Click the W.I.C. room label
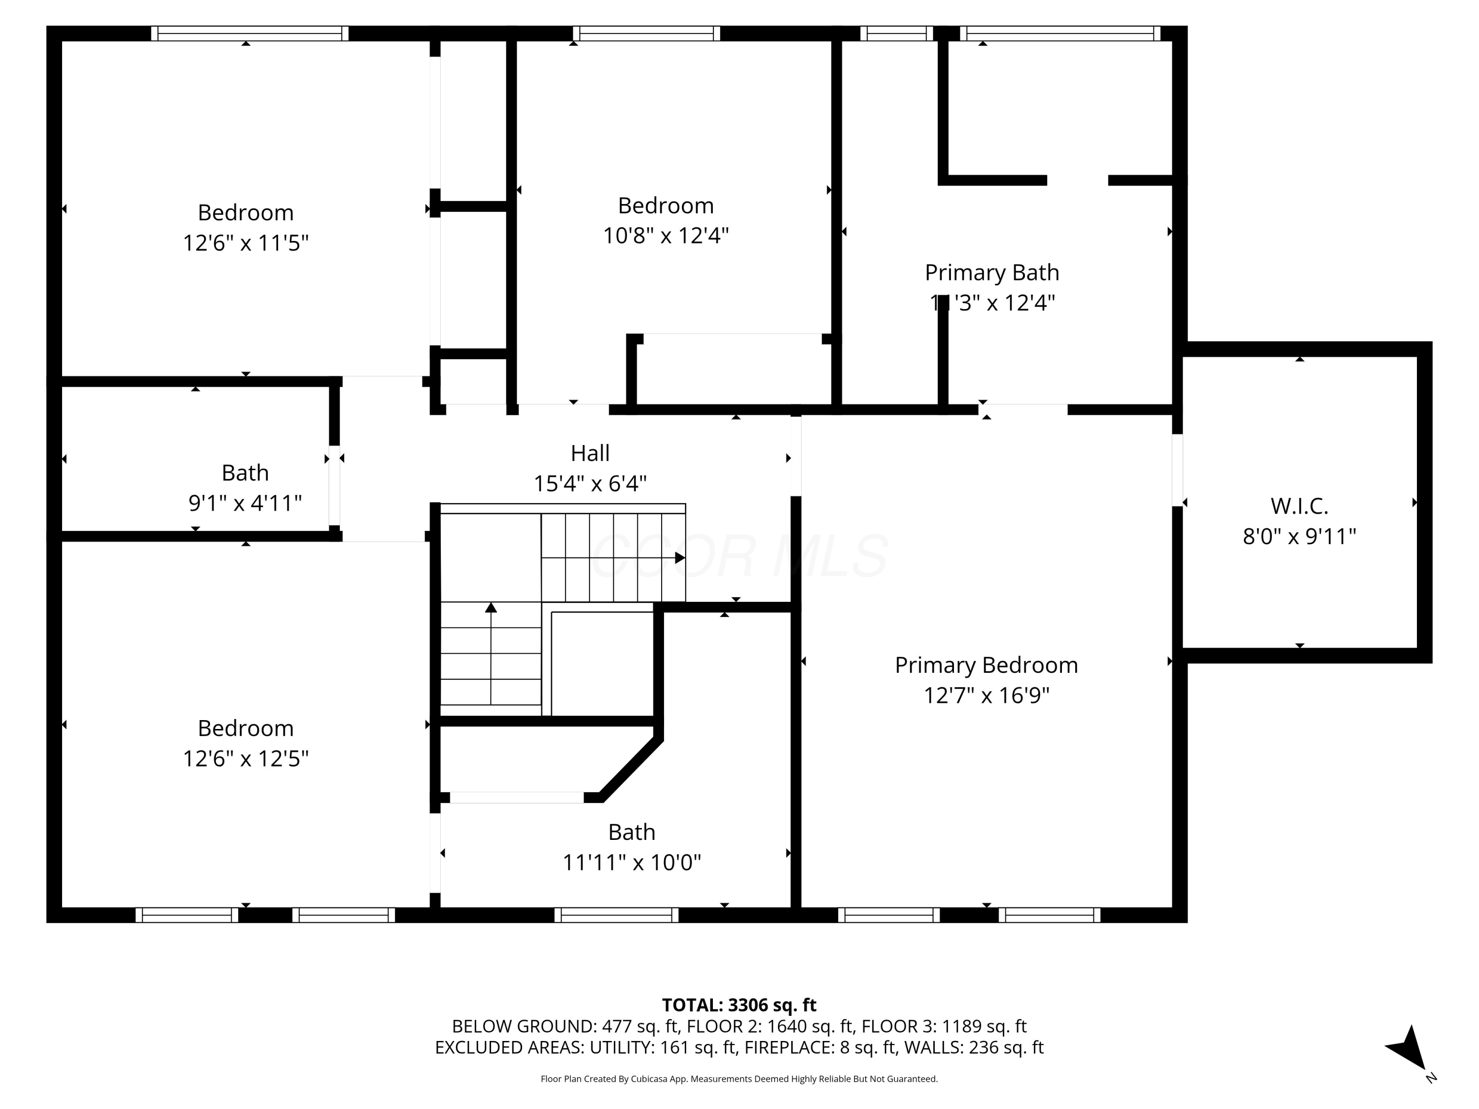coord(1299,506)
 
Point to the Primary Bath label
coord(991,273)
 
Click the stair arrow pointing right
coord(679,557)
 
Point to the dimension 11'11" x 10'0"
coord(631,863)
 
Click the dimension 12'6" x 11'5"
coord(246,243)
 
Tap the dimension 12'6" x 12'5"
coord(246,759)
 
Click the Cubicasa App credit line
coord(739,1079)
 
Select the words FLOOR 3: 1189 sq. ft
coord(944,1026)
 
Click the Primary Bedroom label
coord(986,665)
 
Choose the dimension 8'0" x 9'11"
coord(1299,537)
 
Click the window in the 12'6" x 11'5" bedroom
coord(249,34)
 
